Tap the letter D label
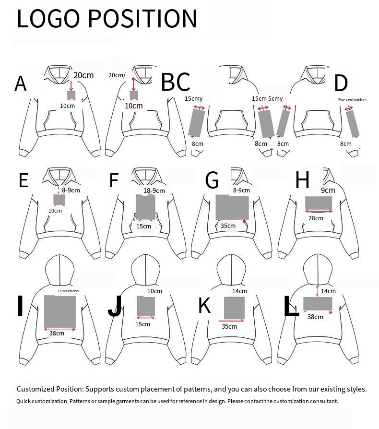[341, 83]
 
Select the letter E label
[24, 180]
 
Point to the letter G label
[212, 181]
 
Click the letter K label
[205, 306]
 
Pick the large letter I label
[20, 307]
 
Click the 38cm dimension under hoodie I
[57, 333]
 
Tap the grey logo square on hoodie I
[60, 311]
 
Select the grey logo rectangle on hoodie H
[319, 203]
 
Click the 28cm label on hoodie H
[316, 218]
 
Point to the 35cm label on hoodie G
[228, 226]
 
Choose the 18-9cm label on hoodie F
[154, 191]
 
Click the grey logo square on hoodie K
[234, 308]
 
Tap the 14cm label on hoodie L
[328, 291]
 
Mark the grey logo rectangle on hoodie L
[318, 304]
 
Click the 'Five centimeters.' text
[353, 100]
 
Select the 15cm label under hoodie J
[142, 324]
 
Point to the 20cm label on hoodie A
[83, 75]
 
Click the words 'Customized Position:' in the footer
[50, 389]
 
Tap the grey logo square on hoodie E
[59, 200]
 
